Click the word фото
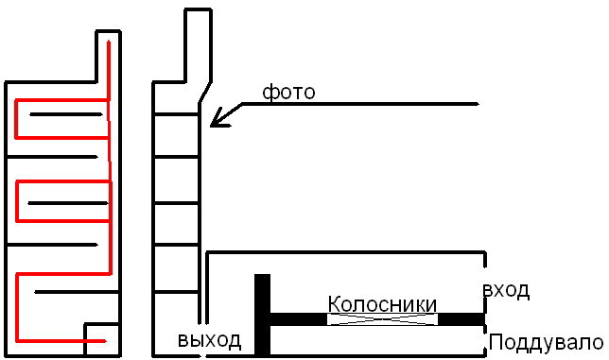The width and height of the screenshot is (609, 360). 288,93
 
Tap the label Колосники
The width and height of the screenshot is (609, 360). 382,304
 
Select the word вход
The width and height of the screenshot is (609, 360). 506,290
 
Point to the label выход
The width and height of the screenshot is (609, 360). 209,340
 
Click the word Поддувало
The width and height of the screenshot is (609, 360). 546,343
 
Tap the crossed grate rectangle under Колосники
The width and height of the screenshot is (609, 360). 383,319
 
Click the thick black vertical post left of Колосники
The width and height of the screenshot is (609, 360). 262,315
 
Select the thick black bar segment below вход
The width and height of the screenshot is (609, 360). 461,319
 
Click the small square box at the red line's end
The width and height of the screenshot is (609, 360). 102,339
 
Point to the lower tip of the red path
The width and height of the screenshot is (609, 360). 105,341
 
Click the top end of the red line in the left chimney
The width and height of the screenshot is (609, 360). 109,42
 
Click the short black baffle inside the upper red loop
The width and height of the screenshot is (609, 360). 66,114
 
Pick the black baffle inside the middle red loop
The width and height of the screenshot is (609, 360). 67,203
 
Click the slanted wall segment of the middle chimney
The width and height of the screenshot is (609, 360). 205,93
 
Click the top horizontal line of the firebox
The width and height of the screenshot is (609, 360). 345,252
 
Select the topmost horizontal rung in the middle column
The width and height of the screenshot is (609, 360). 176,114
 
